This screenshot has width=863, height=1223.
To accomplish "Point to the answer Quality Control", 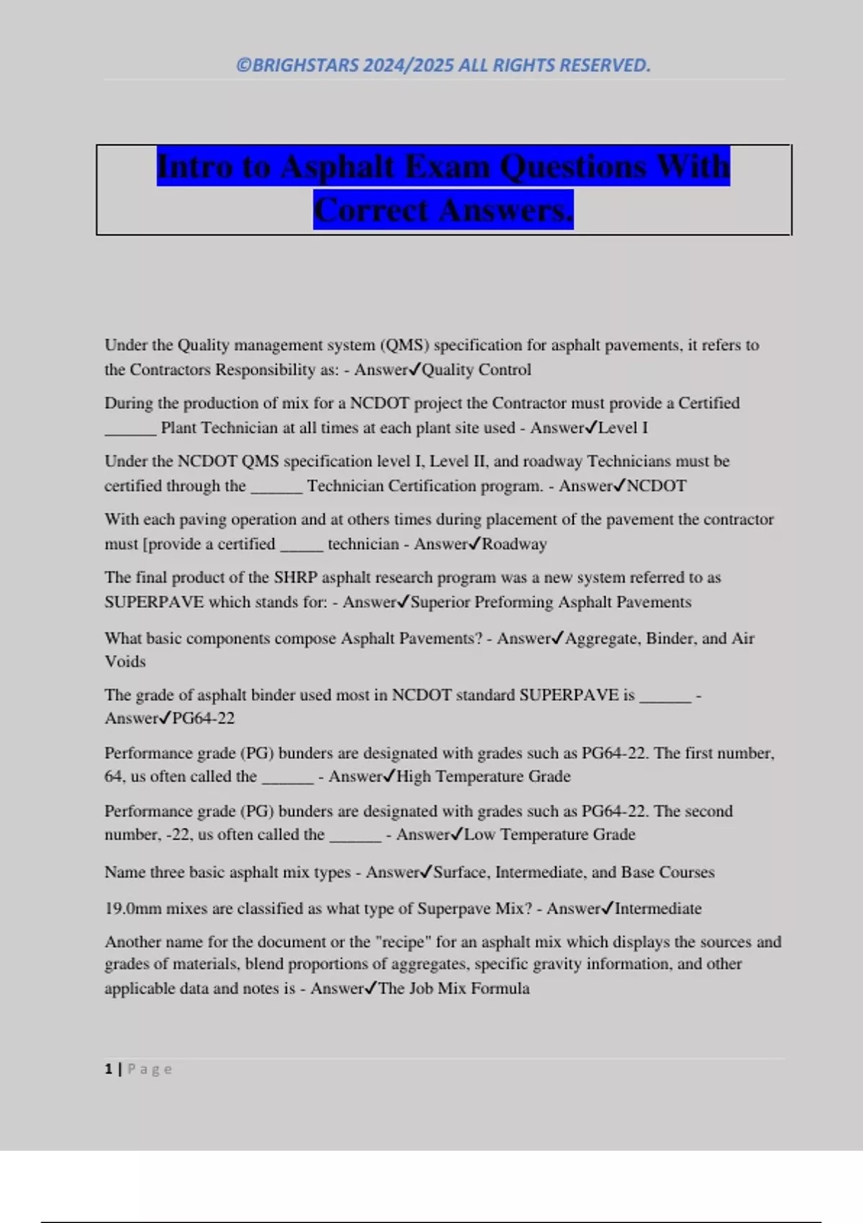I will click(476, 370).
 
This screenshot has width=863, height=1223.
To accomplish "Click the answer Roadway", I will click(514, 544).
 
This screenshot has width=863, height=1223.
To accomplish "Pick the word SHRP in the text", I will click(296, 578).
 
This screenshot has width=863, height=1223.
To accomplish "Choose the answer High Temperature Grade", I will click(483, 776).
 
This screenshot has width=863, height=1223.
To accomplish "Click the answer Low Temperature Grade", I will click(549, 835).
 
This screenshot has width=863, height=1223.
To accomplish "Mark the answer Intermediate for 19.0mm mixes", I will click(658, 909).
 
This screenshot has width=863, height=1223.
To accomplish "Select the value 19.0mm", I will click(133, 909).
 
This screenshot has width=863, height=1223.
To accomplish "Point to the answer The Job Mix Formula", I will click(454, 988).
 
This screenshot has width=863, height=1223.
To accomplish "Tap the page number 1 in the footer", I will click(109, 1069).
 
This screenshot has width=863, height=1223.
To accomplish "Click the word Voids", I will click(125, 662).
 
